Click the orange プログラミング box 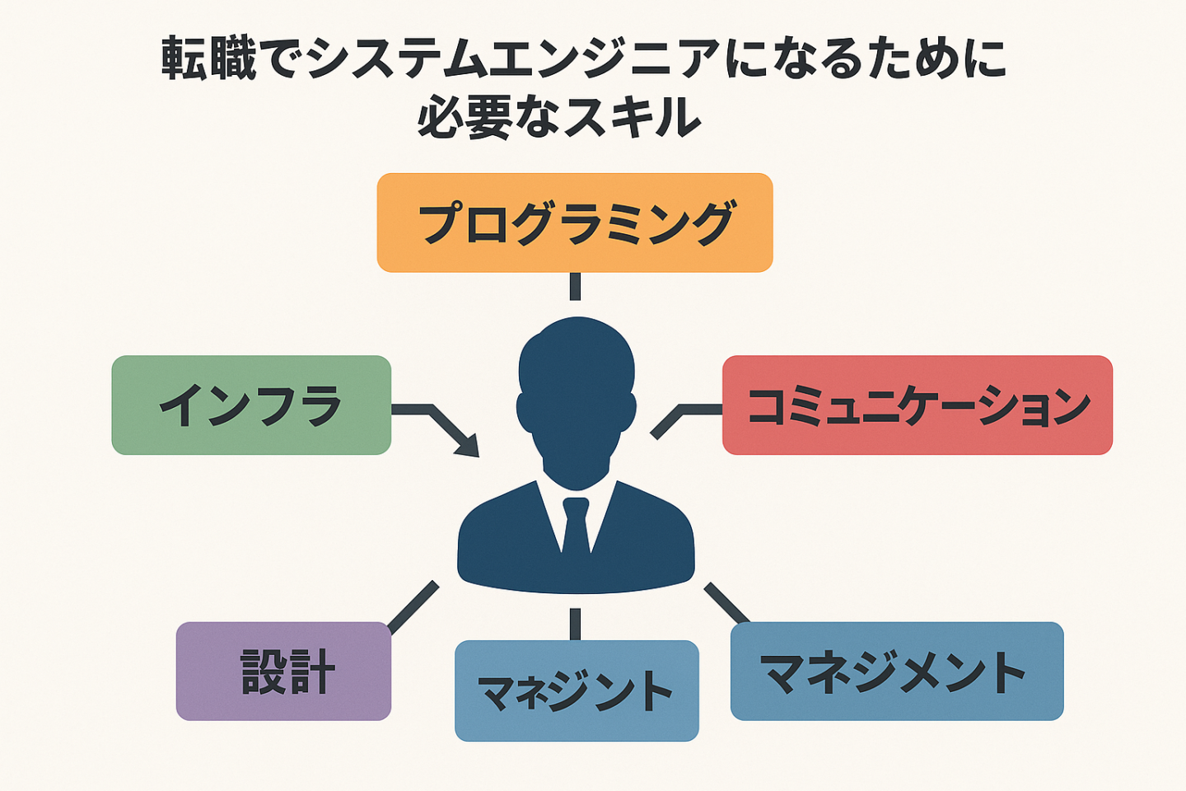pyautogui.click(x=575, y=222)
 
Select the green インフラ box pyautogui.click(x=251, y=405)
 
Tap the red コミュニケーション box pyautogui.click(x=918, y=405)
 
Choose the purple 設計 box pyautogui.click(x=284, y=671)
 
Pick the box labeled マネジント pyautogui.click(x=577, y=690)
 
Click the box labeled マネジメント pyautogui.click(x=897, y=671)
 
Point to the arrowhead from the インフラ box pyautogui.click(x=469, y=446)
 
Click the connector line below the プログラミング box pyautogui.click(x=575, y=287)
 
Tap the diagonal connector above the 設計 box pyautogui.click(x=413, y=606)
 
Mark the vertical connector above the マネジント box pyautogui.click(x=575, y=624)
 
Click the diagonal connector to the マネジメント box pyautogui.click(x=726, y=603)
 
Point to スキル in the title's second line pyautogui.click(x=633, y=116)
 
